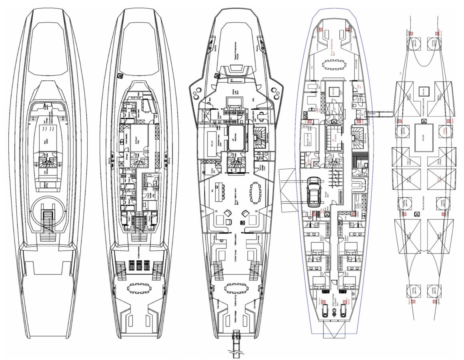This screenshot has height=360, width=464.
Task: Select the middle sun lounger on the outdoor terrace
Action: coord(140,266)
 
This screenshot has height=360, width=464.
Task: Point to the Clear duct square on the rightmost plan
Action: coord(422,92)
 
